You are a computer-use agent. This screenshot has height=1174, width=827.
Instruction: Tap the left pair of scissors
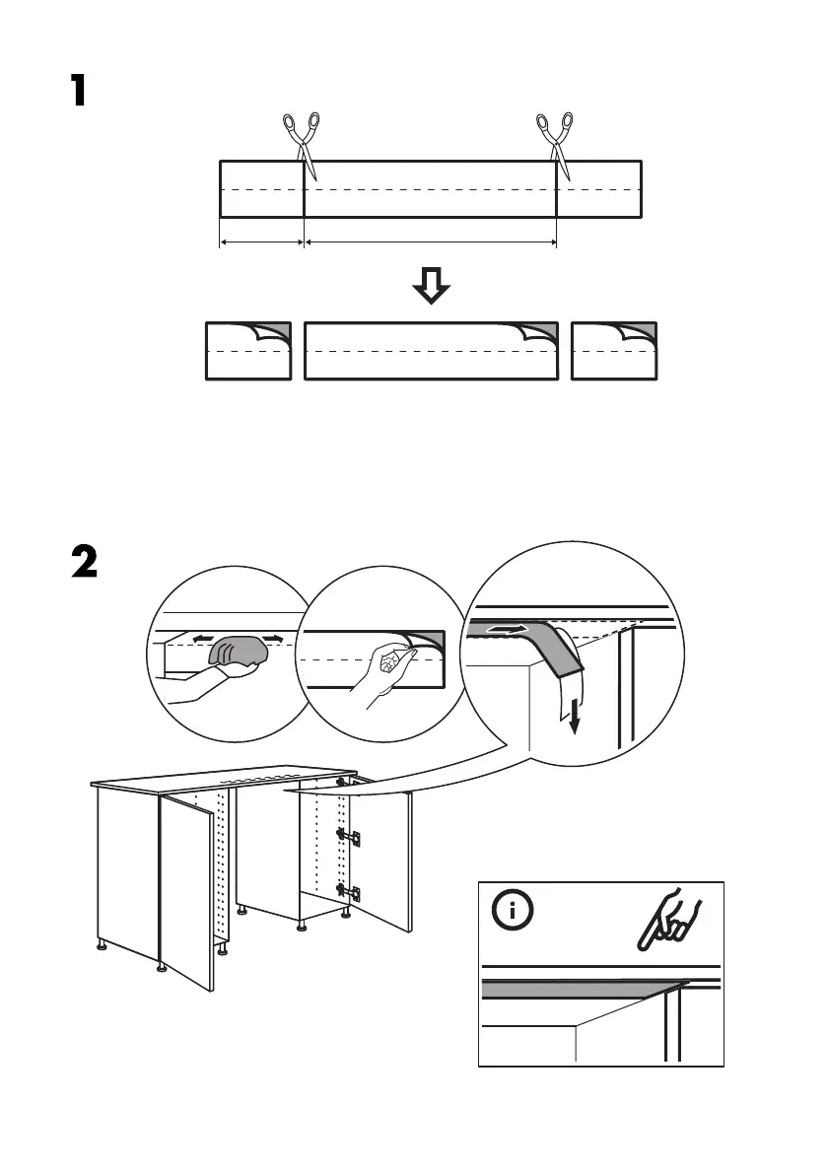(302, 139)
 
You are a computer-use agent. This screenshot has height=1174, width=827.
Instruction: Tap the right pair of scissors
(555, 139)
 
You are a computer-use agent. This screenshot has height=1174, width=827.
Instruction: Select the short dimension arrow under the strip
(261, 242)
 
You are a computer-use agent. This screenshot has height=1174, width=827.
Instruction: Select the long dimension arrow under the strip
(431, 242)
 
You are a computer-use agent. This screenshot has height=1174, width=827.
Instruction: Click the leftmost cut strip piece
(248, 351)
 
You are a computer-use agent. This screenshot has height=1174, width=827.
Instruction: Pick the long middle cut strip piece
(431, 351)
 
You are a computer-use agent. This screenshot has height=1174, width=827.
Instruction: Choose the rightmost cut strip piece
(614, 351)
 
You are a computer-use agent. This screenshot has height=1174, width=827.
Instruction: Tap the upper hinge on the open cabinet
(347, 835)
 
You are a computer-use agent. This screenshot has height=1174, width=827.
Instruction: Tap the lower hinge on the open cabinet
(347, 891)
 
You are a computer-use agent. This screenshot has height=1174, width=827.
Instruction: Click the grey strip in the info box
(572, 989)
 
